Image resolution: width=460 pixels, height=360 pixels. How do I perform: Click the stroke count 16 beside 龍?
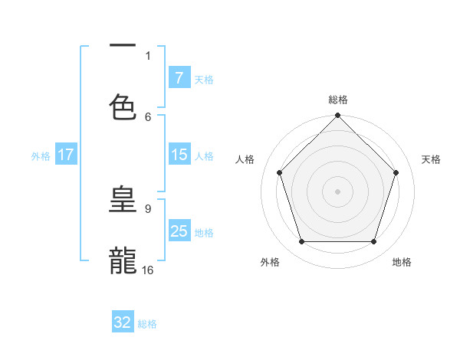(x=147, y=270)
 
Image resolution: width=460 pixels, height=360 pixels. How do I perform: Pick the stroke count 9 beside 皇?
(x=148, y=208)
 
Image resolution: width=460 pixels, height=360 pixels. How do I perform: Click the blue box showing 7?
(x=179, y=77)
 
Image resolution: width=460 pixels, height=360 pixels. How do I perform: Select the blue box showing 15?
(x=179, y=155)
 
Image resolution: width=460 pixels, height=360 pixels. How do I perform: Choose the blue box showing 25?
(x=179, y=231)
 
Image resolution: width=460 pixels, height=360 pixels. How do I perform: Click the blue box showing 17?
(x=66, y=155)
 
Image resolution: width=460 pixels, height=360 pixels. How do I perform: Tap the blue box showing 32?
(x=123, y=322)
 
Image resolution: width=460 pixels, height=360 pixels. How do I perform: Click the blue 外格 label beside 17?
(x=41, y=155)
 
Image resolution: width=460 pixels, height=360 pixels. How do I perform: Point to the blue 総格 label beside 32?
(x=147, y=324)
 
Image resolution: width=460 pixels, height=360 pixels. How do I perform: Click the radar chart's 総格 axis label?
(x=338, y=100)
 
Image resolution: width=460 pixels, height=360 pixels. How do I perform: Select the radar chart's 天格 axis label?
(x=432, y=159)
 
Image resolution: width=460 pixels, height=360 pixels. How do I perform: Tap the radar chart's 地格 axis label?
(x=402, y=262)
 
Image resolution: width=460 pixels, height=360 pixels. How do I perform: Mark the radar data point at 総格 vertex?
(x=338, y=116)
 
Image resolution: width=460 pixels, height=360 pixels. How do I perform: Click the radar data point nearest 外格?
(x=301, y=242)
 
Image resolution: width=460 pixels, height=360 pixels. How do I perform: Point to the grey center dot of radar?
(x=338, y=191)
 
